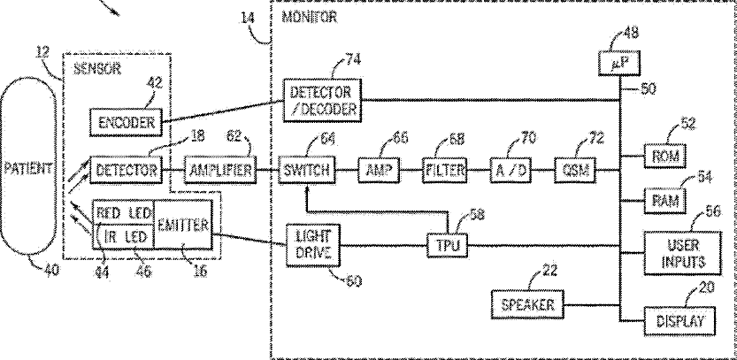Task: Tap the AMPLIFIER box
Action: tap(219, 169)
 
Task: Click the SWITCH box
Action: tap(304, 169)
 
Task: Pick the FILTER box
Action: tap(443, 169)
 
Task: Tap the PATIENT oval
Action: tap(29, 169)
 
